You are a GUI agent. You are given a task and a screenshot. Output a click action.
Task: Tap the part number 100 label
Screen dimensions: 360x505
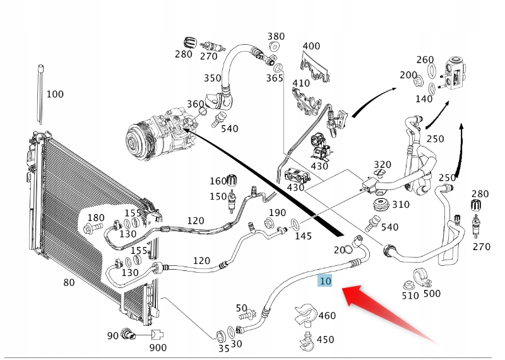point(55,95)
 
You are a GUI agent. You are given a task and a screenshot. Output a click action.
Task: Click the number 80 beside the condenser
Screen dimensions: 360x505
point(69,282)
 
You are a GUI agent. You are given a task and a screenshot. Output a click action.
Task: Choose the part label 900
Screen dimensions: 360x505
point(158,348)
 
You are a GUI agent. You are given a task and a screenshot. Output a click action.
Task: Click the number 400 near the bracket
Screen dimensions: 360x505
point(311,46)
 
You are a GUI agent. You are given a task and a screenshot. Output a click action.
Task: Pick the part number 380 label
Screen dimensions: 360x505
point(276,37)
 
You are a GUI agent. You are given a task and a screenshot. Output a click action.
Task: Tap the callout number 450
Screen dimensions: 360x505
point(324,340)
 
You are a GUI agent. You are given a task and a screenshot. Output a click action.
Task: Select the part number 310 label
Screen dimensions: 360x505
point(400,205)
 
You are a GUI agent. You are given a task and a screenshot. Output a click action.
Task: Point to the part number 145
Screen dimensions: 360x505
point(303,236)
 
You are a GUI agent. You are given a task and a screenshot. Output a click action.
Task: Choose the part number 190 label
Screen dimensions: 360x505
point(277,213)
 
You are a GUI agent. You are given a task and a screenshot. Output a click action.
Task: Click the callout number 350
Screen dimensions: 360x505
point(212,78)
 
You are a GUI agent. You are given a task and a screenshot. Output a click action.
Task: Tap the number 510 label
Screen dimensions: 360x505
point(410,295)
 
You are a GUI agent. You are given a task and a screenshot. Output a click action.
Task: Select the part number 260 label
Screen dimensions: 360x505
point(425,60)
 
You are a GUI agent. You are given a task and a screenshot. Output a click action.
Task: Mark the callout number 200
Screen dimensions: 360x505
point(408,75)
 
